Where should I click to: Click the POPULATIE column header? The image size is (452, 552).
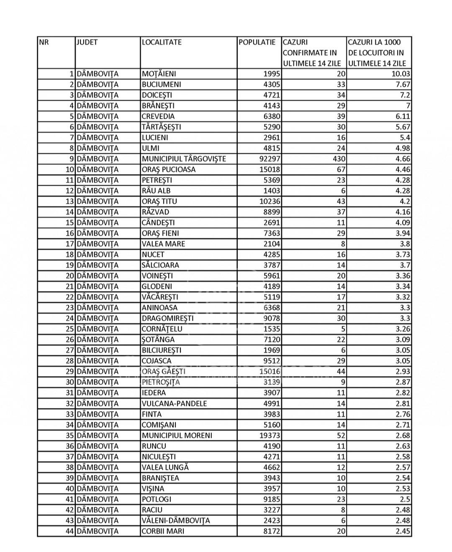point(257,42)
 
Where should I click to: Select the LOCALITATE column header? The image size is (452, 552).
point(162,42)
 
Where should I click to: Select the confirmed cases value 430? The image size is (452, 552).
point(339,159)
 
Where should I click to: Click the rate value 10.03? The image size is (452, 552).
point(401,74)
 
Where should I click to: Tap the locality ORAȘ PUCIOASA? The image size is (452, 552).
point(169,169)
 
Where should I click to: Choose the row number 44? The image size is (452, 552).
point(69,531)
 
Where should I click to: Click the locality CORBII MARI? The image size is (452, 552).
point(162,531)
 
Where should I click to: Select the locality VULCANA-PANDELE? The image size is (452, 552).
point(174,404)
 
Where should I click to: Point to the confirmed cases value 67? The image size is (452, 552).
point(341,169)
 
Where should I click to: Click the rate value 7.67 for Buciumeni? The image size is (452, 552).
point(402,84)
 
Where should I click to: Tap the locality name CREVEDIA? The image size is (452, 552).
point(158,116)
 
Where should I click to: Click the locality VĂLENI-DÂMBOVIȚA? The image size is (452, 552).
point(176,521)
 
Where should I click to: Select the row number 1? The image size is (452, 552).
point(72,74)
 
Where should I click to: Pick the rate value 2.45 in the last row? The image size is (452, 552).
point(403,531)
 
